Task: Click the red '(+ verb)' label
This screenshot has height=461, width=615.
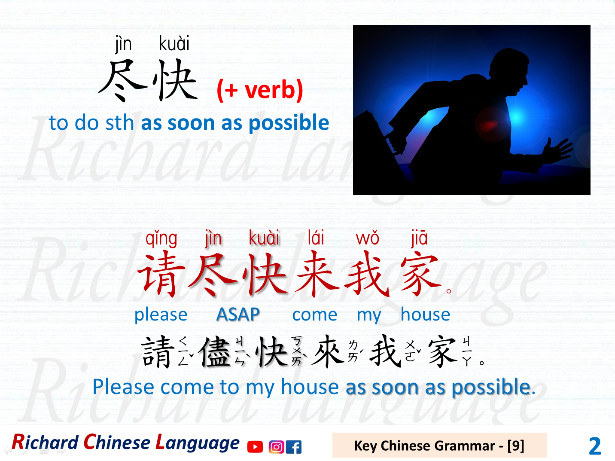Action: click(x=260, y=90)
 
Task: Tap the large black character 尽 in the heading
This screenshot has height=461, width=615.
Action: click(x=123, y=81)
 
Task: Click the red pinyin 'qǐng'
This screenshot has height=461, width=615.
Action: click(x=161, y=238)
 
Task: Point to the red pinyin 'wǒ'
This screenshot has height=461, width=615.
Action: click(x=368, y=238)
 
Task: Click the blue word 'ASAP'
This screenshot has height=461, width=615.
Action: click(x=238, y=314)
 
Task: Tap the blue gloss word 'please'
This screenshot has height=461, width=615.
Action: click(x=161, y=315)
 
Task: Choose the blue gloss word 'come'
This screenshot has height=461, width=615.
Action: click(x=315, y=315)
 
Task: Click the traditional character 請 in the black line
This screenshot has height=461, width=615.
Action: click(x=158, y=352)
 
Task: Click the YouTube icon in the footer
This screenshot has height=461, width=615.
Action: click(x=255, y=447)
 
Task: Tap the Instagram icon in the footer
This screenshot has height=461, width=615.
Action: click(x=276, y=447)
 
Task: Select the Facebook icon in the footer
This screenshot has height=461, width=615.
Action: click(x=294, y=447)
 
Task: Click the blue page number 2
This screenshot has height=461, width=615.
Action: click(x=595, y=446)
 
